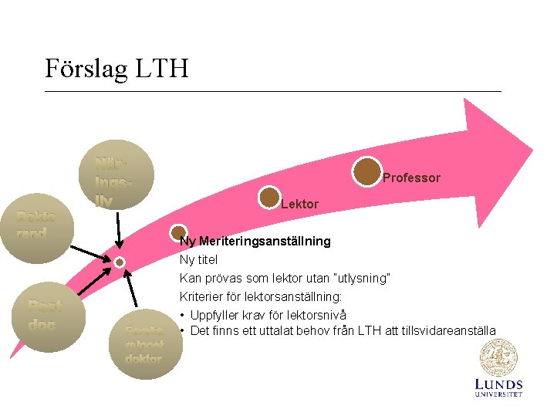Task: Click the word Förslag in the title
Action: coord(86,69)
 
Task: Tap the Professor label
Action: coord(411,178)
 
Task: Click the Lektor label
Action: coord(299,205)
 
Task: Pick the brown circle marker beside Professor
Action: coord(368,171)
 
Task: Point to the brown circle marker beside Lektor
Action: coord(269,198)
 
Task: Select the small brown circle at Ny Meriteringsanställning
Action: coord(178,232)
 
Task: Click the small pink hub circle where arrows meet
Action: coord(120,262)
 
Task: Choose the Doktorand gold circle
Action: coord(35,225)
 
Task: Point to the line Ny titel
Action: coord(198,259)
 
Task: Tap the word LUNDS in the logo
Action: coord(498,384)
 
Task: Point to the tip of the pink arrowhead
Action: coord(532,147)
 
